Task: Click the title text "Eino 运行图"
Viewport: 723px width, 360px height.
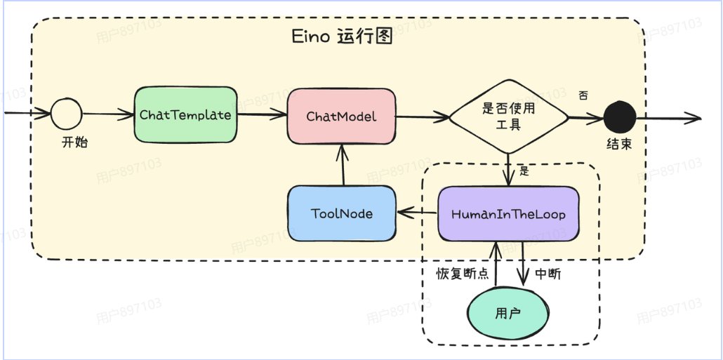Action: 341,37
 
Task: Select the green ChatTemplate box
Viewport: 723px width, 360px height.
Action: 185,114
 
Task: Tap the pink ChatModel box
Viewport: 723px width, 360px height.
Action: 341,116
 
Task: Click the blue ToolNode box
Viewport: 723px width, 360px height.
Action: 341,213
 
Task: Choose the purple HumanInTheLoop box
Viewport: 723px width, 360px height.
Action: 508,213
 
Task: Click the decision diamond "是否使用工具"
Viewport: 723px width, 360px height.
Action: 509,116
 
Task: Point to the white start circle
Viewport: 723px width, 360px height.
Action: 67,113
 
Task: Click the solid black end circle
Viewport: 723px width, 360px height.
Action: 619,116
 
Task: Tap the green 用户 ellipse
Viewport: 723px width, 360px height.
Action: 508,313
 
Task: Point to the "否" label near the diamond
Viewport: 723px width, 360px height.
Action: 583,95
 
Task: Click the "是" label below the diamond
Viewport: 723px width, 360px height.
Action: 524,171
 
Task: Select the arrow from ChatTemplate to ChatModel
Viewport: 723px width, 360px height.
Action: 261,115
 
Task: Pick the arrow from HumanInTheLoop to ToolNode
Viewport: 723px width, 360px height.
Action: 417,213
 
